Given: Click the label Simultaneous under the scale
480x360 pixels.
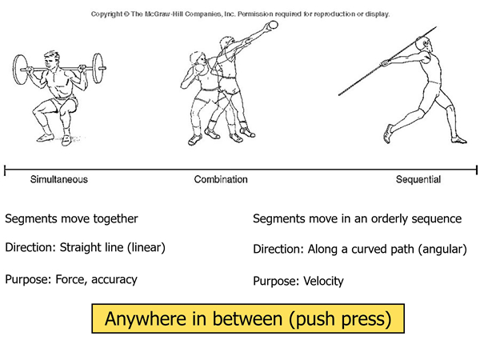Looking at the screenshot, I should click(x=58, y=179).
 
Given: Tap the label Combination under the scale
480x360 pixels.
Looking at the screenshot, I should click(x=221, y=179).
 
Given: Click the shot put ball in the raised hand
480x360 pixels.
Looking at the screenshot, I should click(x=275, y=26).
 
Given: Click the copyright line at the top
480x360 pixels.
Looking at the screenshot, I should click(x=240, y=14).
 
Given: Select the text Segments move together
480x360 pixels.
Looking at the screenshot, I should click(x=71, y=218).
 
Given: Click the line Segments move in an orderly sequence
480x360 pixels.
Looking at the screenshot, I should click(x=357, y=218).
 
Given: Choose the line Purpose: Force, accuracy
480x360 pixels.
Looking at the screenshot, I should click(x=71, y=279).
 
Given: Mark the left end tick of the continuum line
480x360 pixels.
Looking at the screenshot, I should click(x=6, y=169).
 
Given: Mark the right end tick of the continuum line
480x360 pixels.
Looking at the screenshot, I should click(x=477, y=169).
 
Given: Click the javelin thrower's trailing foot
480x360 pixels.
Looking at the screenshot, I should click(x=390, y=131).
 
